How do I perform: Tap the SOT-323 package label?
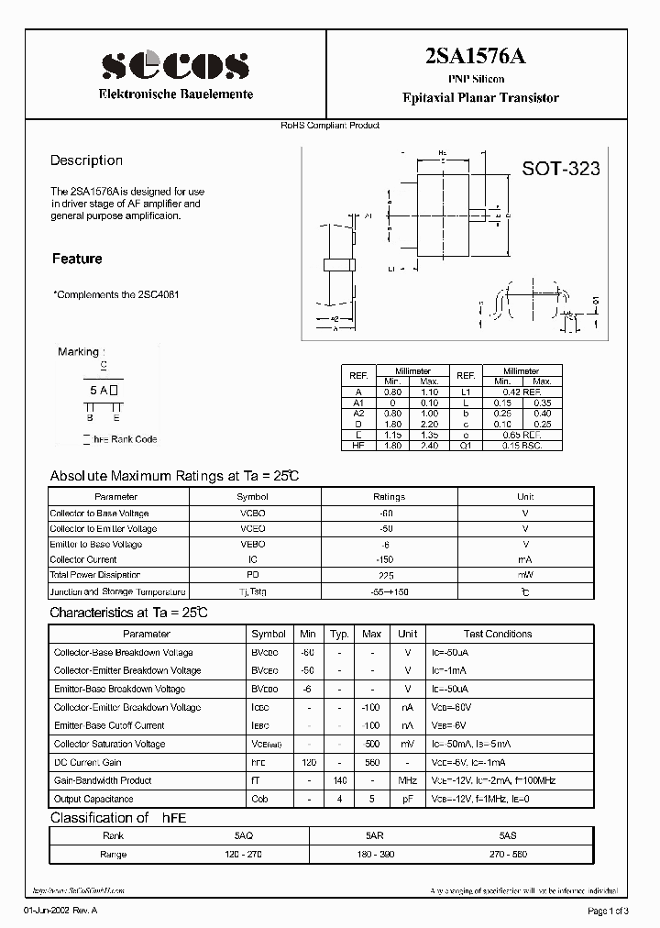click(x=561, y=169)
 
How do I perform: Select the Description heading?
click(x=86, y=160)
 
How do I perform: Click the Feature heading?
click(x=77, y=260)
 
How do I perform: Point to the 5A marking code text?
click(x=100, y=391)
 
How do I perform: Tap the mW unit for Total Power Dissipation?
click(x=525, y=575)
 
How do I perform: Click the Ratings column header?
click(x=389, y=497)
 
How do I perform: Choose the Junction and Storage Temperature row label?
click(x=117, y=591)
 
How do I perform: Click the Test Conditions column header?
click(x=498, y=634)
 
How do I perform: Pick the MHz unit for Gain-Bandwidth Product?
click(x=408, y=780)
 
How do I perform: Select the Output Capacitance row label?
click(x=93, y=799)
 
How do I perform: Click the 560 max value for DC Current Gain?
click(x=372, y=762)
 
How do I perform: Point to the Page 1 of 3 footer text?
click(x=607, y=910)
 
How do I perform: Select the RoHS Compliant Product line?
click(x=330, y=126)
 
